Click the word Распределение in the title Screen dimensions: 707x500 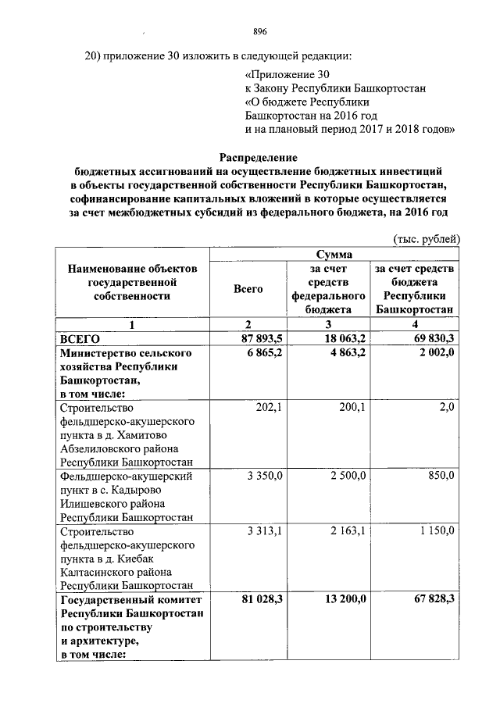pyautogui.click(x=259, y=156)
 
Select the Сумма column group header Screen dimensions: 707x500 pyautogui.click(x=334, y=255)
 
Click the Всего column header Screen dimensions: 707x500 pyautogui.click(x=248, y=289)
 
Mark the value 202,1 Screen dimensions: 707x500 pyautogui.click(x=270, y=407)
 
